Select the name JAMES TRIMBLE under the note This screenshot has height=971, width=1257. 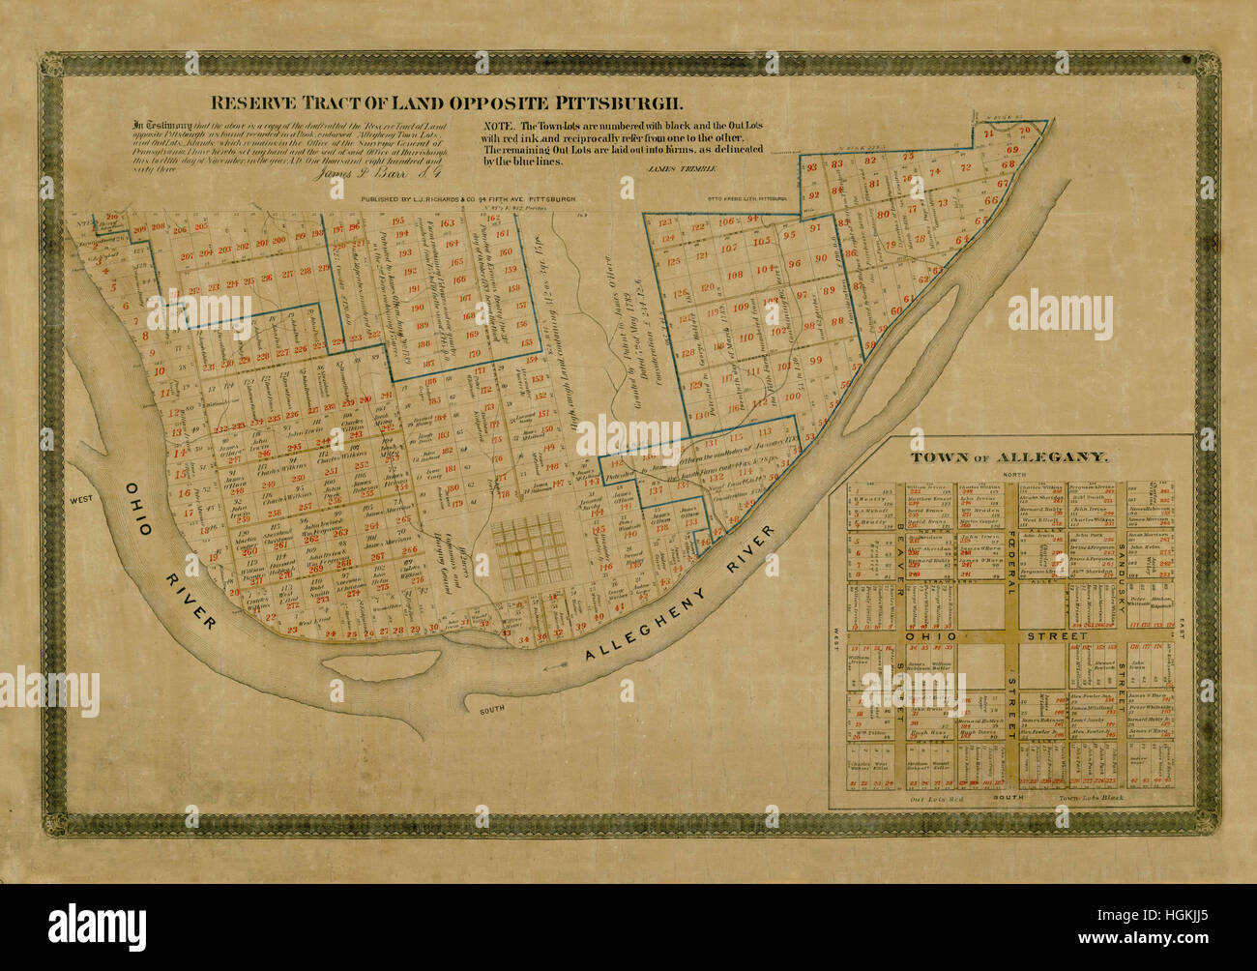coord(666,168)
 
